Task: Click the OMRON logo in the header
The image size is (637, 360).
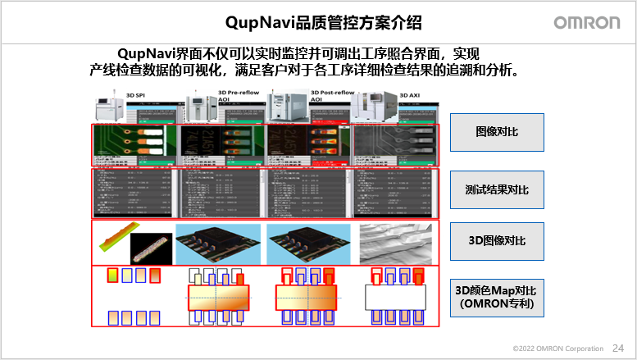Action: tap(587, 22)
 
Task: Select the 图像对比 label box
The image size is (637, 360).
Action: tap(497, 132)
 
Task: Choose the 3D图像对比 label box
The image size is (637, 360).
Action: tap(497, 241)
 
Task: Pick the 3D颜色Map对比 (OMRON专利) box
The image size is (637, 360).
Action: tap(497, 297)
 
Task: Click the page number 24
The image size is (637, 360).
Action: tap(617, 348)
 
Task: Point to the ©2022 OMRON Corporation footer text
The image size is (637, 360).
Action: tap(557, 349)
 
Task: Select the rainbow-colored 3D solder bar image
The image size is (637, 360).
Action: tap(115, 239)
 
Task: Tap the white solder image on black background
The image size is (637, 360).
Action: tap(152, 244)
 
